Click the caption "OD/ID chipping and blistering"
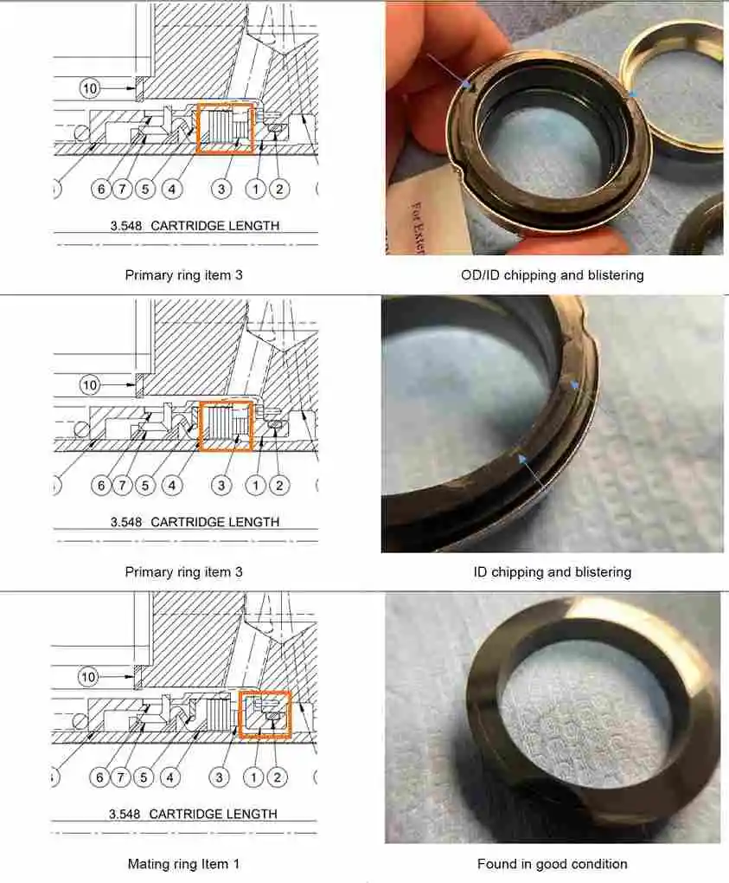(553, 275)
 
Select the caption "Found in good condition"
(553, 864)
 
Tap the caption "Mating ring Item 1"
(183, 864)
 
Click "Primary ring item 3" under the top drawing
(183, 275)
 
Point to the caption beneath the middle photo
(553, 572)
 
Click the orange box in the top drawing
(226, 129)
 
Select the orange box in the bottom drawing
(265, 715)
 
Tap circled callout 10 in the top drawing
(90, 87)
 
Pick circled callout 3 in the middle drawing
(221, 486)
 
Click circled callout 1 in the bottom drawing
(253, 778)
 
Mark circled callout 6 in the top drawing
(101, 189)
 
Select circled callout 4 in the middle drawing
(172, 486)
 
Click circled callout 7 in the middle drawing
(124, 486)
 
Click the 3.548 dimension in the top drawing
(127, 226)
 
